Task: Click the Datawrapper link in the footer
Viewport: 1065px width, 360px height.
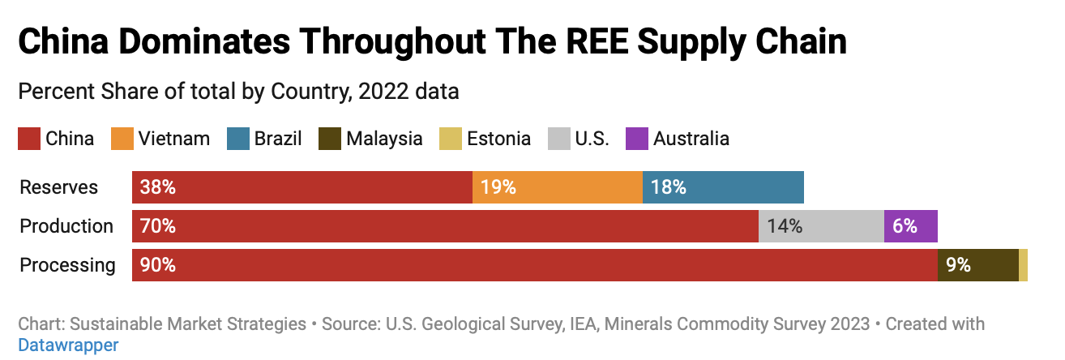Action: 68,345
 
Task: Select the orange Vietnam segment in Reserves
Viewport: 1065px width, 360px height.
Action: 558,187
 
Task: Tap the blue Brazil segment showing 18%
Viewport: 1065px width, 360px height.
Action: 723,187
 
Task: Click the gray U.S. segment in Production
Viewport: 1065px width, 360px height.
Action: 821,226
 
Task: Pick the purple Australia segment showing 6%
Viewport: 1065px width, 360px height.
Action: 911,226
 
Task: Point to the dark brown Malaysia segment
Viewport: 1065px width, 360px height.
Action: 978,265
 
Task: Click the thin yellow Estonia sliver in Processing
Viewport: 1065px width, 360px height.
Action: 1023,265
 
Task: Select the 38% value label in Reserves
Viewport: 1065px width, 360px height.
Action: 158,187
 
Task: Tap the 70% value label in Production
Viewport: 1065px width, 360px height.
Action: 158,226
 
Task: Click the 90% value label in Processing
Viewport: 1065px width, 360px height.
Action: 158,265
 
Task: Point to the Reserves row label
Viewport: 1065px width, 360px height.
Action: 58,187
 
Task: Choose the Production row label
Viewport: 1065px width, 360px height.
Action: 66,226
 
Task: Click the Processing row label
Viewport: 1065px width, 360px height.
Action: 67,265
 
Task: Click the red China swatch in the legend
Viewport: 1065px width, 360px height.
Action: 29,139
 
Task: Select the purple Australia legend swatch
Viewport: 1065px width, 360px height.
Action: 636,139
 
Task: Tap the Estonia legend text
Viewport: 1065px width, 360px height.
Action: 498,139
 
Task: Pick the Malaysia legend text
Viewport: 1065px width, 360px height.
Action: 384,139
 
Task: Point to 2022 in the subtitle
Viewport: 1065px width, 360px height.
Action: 383,92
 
